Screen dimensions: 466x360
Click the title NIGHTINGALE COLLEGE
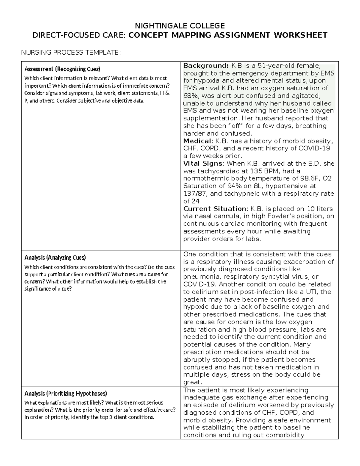pyautogui.click(x=180, y=25)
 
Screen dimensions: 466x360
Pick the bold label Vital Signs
pyautogui.click(x=203, y=164)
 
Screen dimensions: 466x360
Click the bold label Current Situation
pyautogui.click(x=214, y=209)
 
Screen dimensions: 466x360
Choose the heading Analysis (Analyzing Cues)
pyautogui.click(x=55, y=257)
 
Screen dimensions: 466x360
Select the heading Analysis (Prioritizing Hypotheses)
pyautogui.click(x=65, y=393)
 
